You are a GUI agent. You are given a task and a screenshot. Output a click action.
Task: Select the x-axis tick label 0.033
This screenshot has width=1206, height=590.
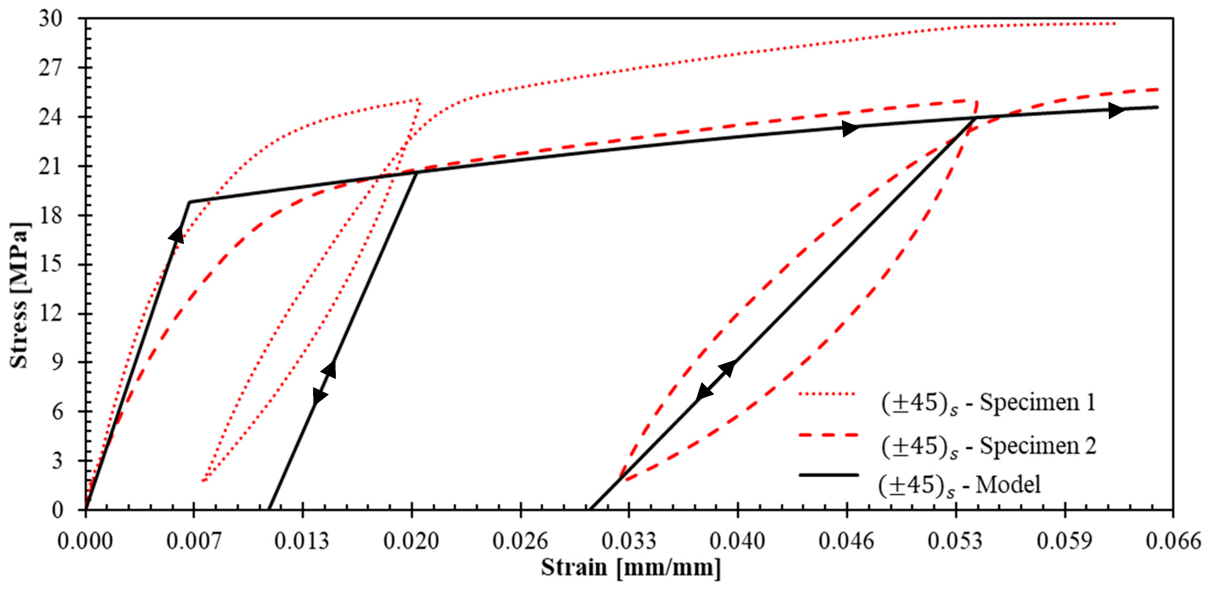click(629, 541)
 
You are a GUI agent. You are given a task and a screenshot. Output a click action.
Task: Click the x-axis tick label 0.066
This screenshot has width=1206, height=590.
click(1173, 541)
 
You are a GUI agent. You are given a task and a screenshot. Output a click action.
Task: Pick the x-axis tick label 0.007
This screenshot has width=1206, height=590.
click(194, 541)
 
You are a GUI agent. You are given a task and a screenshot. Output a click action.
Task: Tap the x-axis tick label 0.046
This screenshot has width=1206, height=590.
click(846, 541)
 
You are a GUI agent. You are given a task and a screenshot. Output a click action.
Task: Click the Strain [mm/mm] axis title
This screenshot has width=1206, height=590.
click(631, 568)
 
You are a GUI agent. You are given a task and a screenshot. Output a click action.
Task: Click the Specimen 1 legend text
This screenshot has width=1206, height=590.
click(989, 403)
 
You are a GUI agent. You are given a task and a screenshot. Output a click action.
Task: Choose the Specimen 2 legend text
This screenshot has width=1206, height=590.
click(989, 446)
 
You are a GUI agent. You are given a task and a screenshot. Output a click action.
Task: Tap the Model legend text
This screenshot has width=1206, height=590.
click(960, 485)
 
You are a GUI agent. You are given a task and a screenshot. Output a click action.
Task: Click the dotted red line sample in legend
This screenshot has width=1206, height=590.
click(828, 394)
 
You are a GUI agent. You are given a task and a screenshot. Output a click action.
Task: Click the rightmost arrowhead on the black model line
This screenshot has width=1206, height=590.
click(1117, 111)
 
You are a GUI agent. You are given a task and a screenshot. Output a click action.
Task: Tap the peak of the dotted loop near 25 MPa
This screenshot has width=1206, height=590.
click(418, 100)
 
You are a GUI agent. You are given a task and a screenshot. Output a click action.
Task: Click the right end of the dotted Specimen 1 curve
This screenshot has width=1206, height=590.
click(1115, 23)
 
